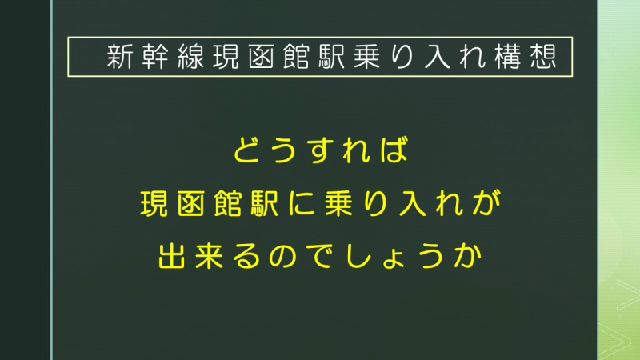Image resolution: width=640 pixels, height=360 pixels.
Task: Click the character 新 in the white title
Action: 120,56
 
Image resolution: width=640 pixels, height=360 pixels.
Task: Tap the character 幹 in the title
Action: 155,56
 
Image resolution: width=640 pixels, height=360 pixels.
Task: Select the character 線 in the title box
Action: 190,56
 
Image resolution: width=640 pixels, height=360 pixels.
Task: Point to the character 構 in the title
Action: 508,56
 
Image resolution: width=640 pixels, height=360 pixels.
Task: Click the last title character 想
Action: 543,56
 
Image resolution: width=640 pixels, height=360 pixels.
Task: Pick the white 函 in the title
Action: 262,56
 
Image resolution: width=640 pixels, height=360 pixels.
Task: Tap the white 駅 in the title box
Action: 332,56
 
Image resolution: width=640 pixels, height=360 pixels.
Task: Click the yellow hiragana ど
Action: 247,150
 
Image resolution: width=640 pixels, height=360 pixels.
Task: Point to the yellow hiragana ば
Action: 394,150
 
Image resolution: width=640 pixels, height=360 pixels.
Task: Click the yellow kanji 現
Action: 154,203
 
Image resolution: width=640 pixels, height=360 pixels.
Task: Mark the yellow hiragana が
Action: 486,203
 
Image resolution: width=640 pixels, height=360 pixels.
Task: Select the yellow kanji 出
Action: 172,256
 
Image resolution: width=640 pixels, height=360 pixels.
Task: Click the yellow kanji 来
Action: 209,256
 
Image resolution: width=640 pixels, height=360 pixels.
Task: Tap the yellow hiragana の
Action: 283,256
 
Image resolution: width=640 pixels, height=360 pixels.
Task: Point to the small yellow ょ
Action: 393,260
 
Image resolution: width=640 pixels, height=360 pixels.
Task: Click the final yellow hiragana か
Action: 468,256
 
